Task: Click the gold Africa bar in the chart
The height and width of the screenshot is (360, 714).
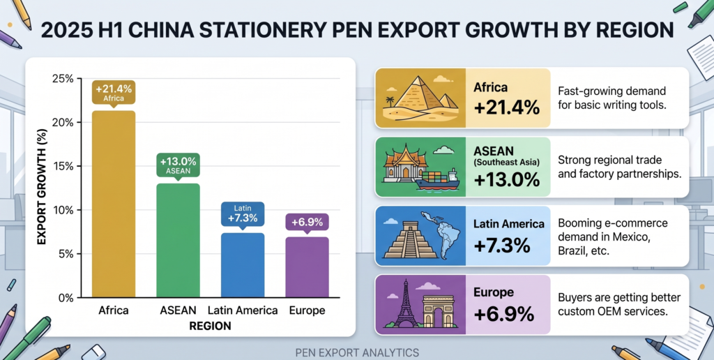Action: [114, 204]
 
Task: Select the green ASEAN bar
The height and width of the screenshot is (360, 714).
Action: [177, 240]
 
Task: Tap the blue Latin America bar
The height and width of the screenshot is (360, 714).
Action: [242, 265]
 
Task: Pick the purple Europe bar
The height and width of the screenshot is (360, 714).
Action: [307, 267]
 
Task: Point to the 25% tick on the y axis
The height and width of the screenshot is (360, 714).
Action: [63, 78]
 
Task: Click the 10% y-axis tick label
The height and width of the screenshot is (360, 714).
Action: [63, 210]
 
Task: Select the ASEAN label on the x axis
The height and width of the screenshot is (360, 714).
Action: [177, 310]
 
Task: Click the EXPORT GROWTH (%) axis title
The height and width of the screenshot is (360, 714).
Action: [42, 187]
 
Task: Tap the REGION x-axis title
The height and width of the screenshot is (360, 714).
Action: [209, 325]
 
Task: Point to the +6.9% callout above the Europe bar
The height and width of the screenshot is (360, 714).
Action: [307, 222]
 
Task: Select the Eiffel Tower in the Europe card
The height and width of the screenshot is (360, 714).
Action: [404, 303]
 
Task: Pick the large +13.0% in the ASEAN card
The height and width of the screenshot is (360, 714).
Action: [506, 179]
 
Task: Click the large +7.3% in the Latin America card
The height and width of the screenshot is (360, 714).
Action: [502, 246]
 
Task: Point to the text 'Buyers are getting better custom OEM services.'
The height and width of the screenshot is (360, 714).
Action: [619, 304]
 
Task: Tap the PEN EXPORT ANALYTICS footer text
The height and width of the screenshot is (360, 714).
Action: [356, 352]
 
